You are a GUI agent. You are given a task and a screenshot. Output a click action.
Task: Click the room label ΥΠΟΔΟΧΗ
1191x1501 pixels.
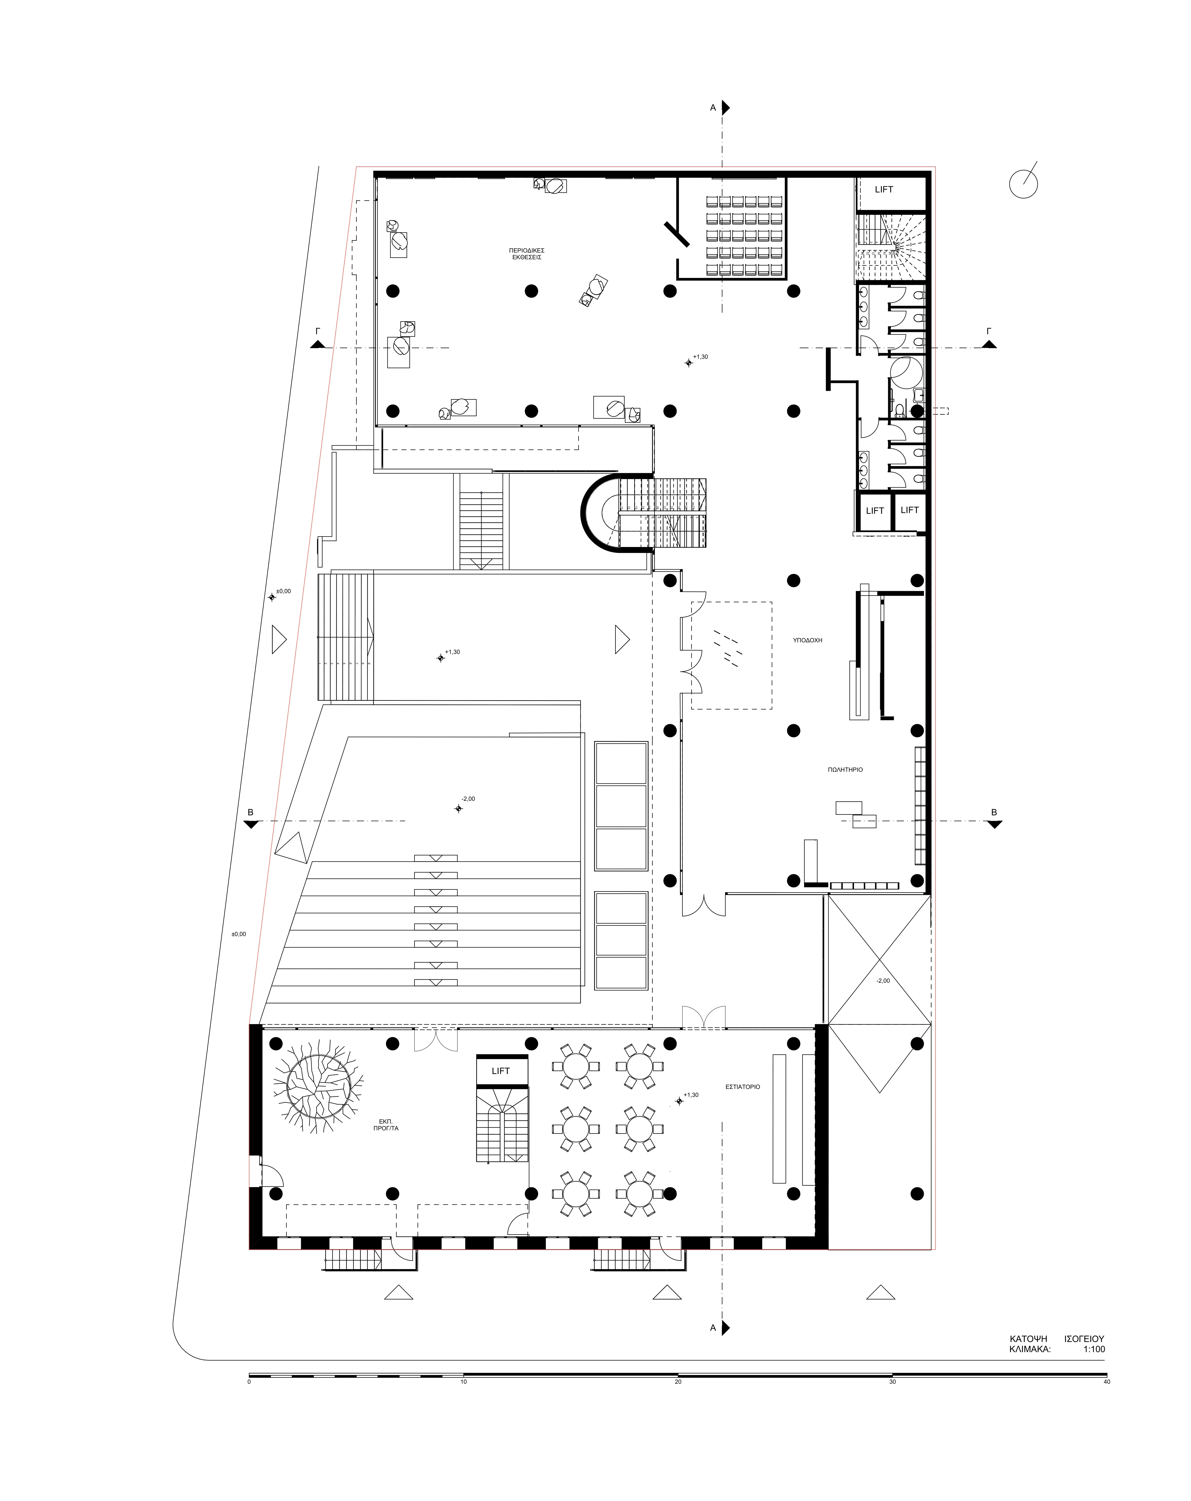[x=807, y=640]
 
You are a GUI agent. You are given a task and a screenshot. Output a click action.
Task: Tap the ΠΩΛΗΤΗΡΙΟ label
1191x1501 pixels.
[x=845, y=769]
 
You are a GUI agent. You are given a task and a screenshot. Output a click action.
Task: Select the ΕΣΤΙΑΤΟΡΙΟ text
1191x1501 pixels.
[x=742, y=1086]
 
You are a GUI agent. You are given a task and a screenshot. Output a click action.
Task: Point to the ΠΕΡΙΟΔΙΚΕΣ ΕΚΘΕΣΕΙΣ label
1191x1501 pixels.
[x=527, y=253]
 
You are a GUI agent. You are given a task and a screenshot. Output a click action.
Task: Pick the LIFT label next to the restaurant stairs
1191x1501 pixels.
[x=500, y=1071]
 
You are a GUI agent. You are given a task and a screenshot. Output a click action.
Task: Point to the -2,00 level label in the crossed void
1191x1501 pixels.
[x=882, y=980]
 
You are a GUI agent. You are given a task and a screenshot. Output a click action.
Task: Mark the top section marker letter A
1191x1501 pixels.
[x=713, y=108]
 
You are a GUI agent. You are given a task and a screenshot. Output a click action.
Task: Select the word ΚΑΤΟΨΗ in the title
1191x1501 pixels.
[x=1028, y=1338]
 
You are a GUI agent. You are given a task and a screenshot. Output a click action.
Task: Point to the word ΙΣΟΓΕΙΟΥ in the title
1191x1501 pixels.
[x=1084, y=1338]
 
